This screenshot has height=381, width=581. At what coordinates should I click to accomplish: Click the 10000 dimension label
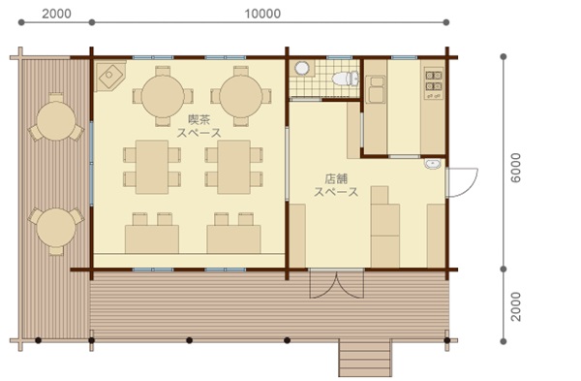[x=262, y=14]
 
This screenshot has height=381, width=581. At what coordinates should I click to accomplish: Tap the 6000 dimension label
[x=515, y=168]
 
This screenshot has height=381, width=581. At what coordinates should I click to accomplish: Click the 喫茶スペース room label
[x=199, y=126]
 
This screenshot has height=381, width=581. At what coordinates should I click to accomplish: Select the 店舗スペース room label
[x=336, y=185]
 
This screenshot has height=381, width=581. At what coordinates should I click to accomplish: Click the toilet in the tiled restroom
[x=346, y=79]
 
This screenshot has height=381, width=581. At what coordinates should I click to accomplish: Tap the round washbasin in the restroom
[x=302, y=68]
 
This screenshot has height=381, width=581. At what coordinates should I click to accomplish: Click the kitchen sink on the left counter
[x=376, y=89]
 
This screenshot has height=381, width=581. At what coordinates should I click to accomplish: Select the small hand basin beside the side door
[x=433, y=163]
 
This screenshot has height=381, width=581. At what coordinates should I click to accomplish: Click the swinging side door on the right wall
[x=462, y=182]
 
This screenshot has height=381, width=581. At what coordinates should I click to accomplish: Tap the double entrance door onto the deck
[x=336, y=284]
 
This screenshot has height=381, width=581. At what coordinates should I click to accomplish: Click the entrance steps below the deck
[x=365, y=359]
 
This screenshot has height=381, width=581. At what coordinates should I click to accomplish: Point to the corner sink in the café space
[x=109, y=76]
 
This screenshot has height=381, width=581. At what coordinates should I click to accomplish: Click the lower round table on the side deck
[x=56, y=227]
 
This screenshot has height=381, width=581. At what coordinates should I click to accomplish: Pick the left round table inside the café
[x=163, y=96]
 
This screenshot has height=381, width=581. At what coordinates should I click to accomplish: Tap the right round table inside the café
[x=241, y=96]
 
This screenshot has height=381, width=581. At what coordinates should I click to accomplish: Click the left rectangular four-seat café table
[x=152, y=167]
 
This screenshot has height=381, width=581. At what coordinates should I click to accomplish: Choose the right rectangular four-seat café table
[x=233, y=167]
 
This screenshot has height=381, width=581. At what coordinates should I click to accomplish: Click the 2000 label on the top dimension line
[x=56, y=14]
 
